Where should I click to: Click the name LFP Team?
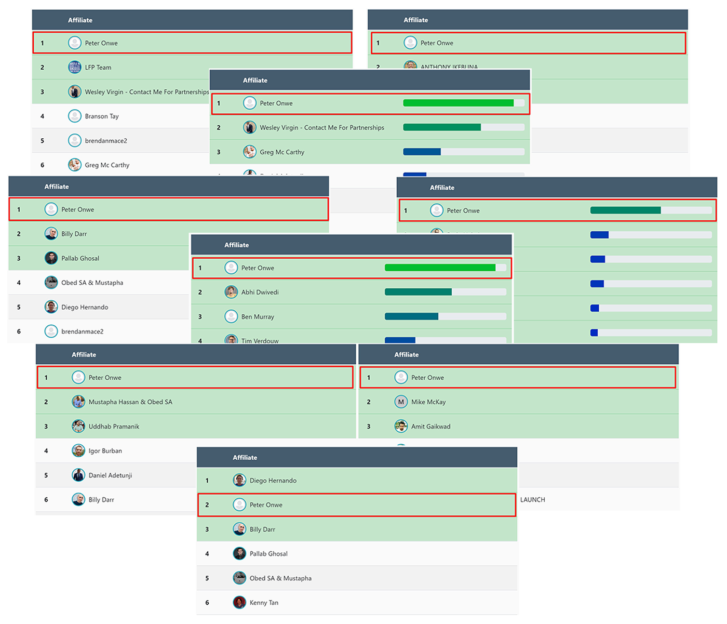(98, 68)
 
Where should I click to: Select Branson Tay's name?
(102, 116)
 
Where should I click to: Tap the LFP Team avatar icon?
(75, 67)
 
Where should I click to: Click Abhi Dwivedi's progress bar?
(445, 292)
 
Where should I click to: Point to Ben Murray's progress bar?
(445, 316)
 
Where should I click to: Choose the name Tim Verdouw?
(260, 340)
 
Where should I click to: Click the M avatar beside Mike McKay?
(401, 402)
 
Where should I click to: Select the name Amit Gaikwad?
(430, 427)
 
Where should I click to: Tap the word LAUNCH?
(532, 500)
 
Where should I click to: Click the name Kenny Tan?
(264, 603)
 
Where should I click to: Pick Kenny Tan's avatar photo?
(239, 603)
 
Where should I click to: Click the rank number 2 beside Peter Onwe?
(207, 505)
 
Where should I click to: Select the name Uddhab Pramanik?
(114, 427)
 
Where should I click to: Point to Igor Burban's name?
(105, 451)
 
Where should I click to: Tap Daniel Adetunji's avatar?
(78, 475)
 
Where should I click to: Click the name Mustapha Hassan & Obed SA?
(130, 402)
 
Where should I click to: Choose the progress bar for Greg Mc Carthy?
(463, 152)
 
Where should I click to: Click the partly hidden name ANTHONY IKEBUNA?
(449, 67)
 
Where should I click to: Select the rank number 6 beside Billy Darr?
(46, 500)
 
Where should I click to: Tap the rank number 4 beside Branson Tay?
(43, 116)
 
